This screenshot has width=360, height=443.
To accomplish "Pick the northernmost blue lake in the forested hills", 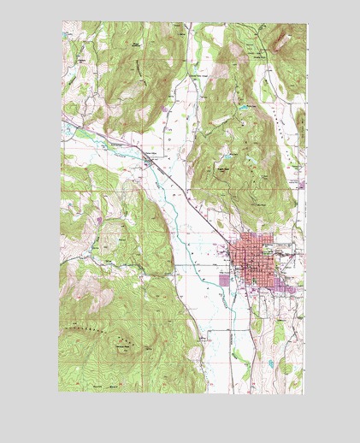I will (248, 107).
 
